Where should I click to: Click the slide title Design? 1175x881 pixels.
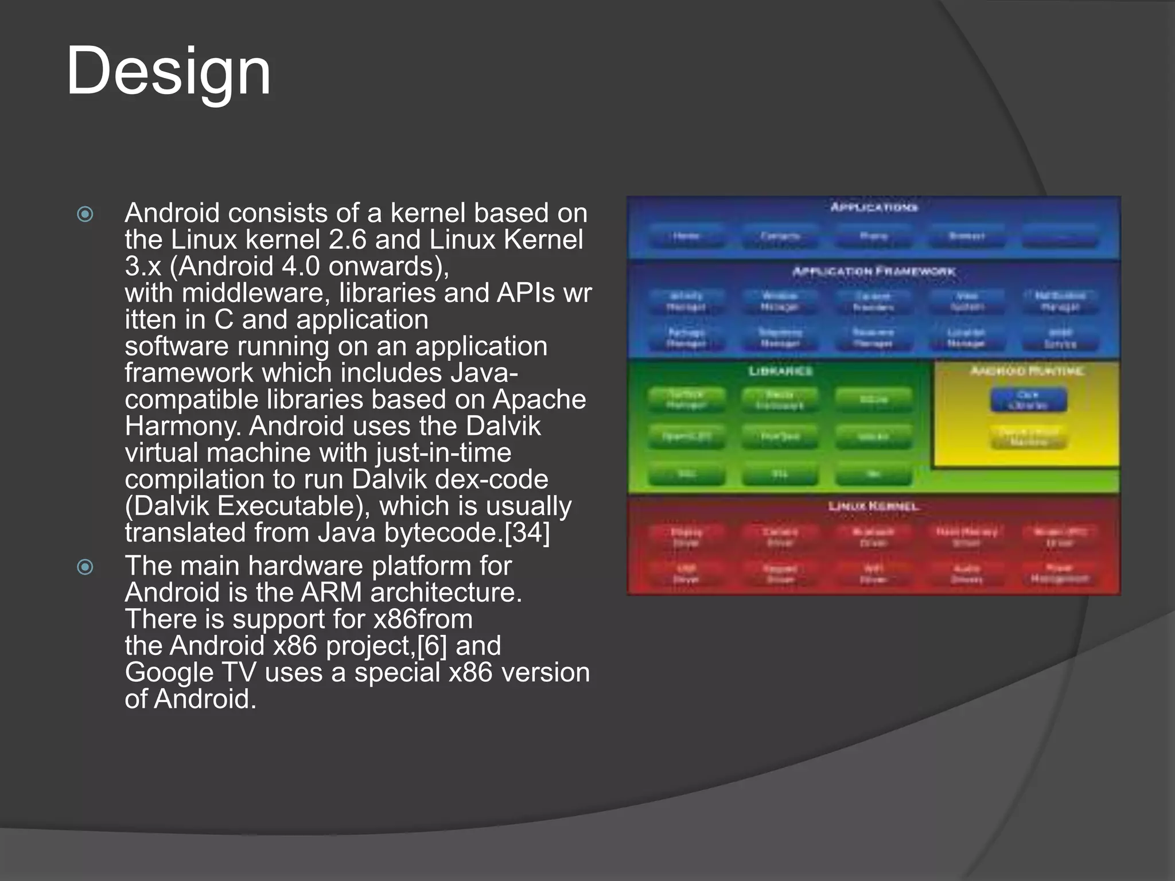tap(168, 72)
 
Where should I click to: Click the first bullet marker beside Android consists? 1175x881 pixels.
tap(85, 215)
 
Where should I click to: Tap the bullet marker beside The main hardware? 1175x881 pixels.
tap(85, 567)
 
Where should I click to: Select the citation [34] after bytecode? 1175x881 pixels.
tap(527, 532)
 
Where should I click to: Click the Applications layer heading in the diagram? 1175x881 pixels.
tap(874, 207)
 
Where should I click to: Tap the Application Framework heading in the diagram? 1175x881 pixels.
tap(874, 271)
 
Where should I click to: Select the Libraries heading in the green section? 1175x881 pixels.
tap(780, 371)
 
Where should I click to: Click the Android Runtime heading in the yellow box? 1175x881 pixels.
tap(1027, 371)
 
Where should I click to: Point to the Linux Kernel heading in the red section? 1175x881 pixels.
tap(874, 506)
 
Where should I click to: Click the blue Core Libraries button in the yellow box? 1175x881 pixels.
tap(1028, 400)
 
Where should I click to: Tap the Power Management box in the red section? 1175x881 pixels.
tap(1059, 573)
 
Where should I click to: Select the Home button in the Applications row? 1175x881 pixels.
tap(686, 236)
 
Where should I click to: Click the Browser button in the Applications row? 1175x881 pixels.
tap(967, 236)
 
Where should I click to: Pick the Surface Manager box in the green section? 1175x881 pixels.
tap(686, 400)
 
